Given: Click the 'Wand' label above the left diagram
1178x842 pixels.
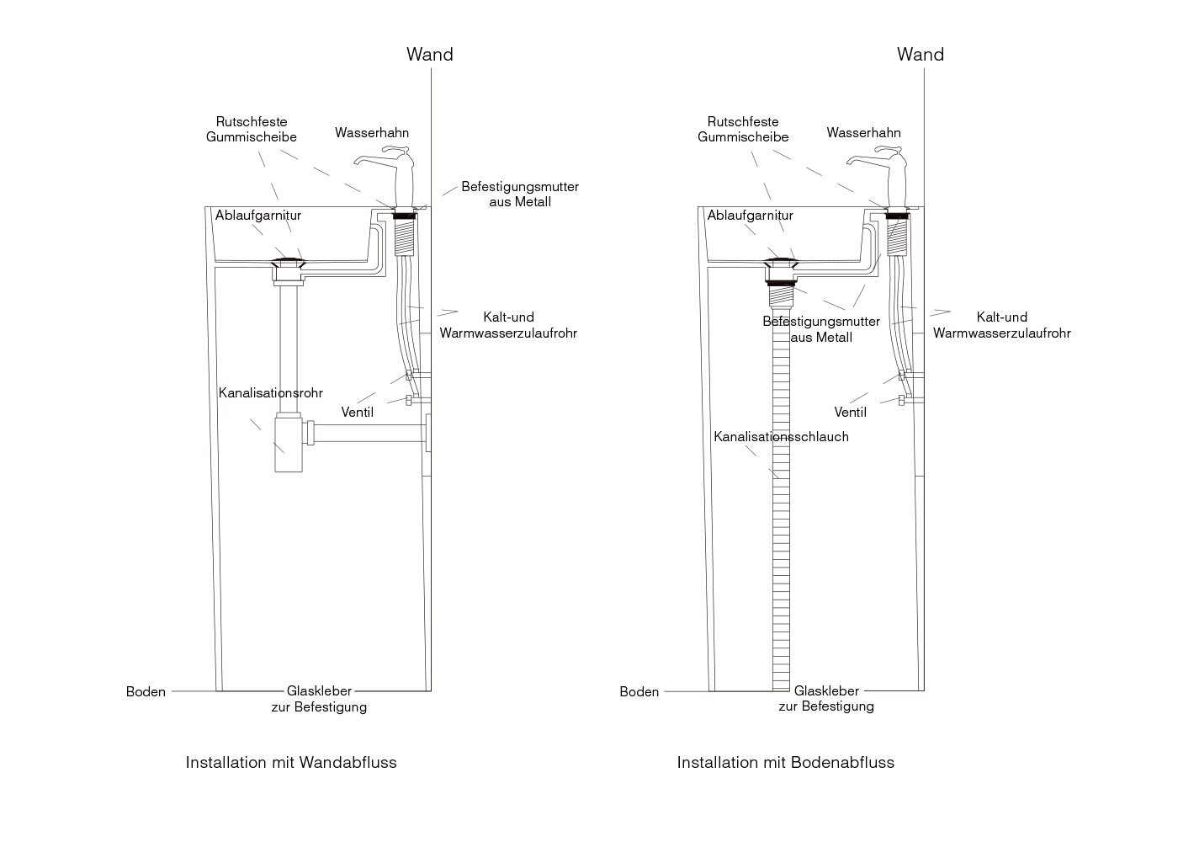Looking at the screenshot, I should click(x=429, y=55).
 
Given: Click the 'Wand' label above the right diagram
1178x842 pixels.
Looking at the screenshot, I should click(x=920, y=55).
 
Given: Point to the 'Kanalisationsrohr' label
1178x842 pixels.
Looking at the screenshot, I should click(x=270, y=393).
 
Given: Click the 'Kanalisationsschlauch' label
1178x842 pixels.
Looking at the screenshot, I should click(x=781, y=437).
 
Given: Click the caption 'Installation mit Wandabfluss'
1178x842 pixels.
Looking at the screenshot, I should click(x=290, y=763).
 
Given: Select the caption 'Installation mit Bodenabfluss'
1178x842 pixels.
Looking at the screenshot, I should click(x=785, y=763).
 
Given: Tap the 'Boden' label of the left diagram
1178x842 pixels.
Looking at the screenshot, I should click(x=146, y=692).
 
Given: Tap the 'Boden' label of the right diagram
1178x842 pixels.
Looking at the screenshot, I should click(x=639, y=692).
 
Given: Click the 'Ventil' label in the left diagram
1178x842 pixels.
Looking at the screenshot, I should click(x=357, y=413).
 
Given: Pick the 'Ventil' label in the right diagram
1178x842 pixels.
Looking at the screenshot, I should click(x=850, y=413).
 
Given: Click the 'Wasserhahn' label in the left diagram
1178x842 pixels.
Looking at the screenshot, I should click(x=371, y=133).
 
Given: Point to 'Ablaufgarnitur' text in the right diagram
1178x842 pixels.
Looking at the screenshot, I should click(x=750, y=216).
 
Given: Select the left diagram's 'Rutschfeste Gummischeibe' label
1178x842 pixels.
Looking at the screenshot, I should click(x=251, y=130).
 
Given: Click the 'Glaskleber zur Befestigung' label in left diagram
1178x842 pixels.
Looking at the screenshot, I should click(x=319, y=699).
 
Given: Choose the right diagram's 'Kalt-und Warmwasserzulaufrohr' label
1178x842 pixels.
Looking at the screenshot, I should click(x=1001, y=325).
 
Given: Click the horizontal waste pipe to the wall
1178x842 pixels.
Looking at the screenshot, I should click(x=370, y=433).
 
